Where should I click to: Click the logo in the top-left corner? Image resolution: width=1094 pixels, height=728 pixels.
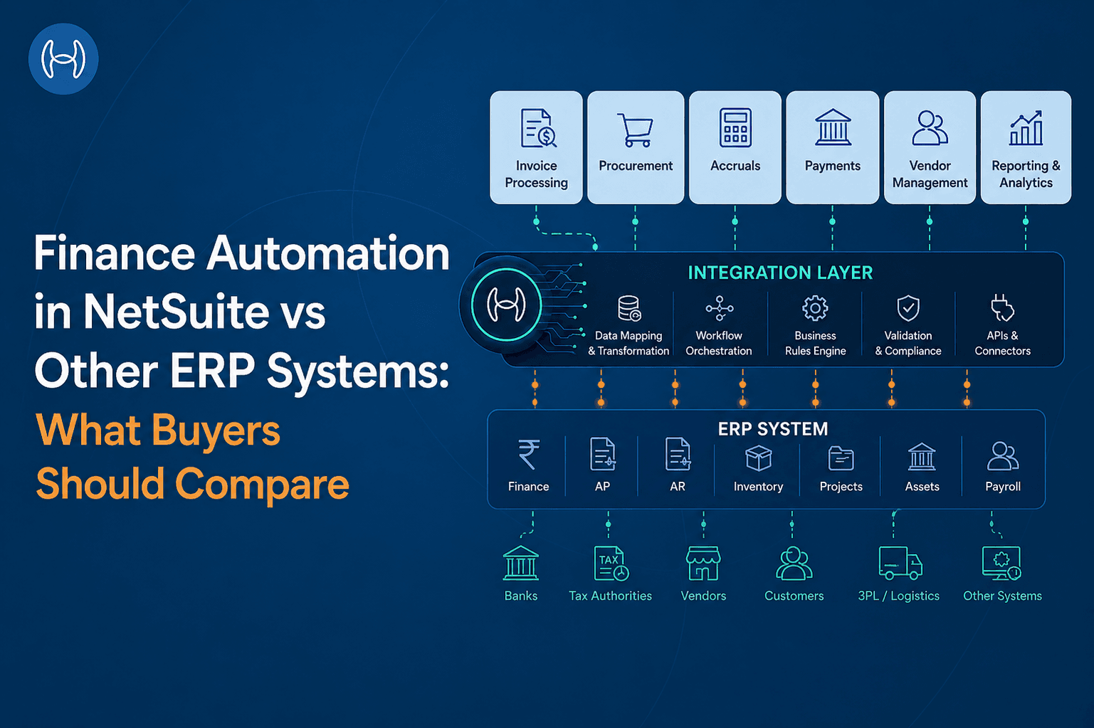click(x=63, y=59)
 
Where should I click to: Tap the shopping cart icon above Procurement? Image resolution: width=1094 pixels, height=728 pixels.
click(x=635, y=130)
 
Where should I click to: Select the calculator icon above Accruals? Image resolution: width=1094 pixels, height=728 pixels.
click(x=735, y=128)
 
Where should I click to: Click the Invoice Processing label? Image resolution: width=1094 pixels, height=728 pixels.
click(x=536, y=174)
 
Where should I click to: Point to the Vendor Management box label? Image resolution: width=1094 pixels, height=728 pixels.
click(x=930, y=174)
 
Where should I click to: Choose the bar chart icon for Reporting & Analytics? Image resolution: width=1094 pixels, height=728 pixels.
click(x=1026, y=128)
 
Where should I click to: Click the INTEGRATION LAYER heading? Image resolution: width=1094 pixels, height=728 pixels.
click(x=780, y=273)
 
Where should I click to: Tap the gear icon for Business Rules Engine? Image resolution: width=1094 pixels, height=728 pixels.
click(x=815, y=308)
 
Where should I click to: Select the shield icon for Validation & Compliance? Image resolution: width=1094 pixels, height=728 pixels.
click(x=908, y=308)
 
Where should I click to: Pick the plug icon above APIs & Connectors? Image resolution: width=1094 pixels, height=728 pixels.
click(x=1002, y=308)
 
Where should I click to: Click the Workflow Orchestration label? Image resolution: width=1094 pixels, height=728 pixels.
click(x=719, y=343)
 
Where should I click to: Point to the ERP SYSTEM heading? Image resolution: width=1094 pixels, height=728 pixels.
click(x=773, y=429)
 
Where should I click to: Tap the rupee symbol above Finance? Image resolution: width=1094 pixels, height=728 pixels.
click(x=528, y=455)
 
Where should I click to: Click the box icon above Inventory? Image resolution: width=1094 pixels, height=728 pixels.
click(x=758, y=458)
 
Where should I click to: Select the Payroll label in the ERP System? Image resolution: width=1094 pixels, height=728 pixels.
click(x=1003, y=487)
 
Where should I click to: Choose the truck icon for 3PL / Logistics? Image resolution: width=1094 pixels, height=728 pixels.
click(x=900, y=563)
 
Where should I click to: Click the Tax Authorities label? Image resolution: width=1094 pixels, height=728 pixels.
click(x=610, y=596)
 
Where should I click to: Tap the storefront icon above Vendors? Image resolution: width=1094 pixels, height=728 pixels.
click(x=703, y=563)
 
